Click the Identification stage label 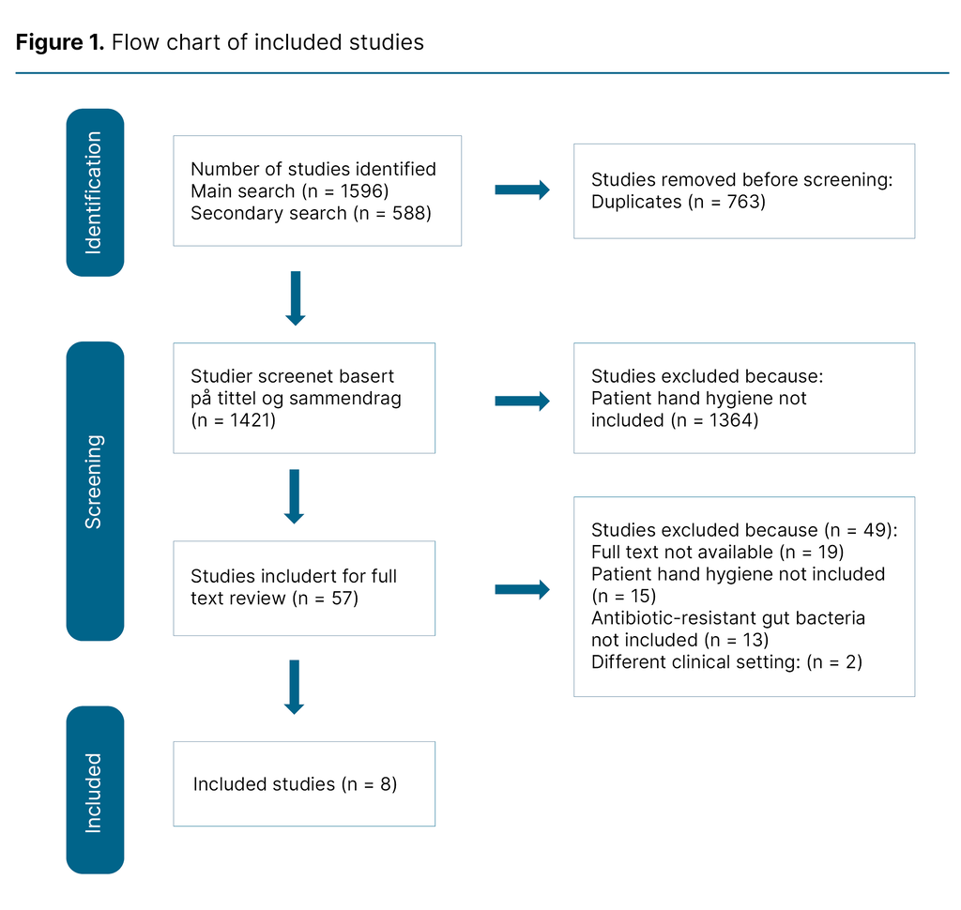[x=95, y=192]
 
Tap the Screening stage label [x=95, y=481]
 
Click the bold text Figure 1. [x=59, y=42]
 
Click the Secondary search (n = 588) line [x=310, y=213]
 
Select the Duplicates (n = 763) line [x=678, y=202]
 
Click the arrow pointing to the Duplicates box [x=522, y=190]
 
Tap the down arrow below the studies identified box [x=295, y=298]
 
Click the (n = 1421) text [x=236, y=419]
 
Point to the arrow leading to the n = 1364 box [x=522, y=402]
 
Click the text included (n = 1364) [x=674, y=420]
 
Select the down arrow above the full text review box [x=295, y=496]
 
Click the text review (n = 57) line [x=274, y=598]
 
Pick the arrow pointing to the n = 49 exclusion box [x=522, y=589]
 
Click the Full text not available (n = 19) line [x=718, y=552]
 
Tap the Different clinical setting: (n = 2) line [x=726, y=661]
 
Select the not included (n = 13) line [x=679, y=640]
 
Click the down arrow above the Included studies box [x=295, y=687]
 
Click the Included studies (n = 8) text [x=296, y=784]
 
